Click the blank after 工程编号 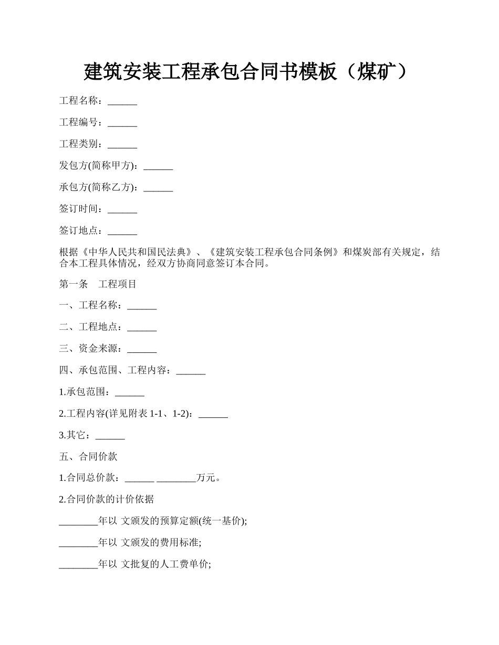[122, 123]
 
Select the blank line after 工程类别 [122, 145]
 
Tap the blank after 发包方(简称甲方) [158, 166]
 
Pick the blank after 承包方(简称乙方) [158, 188]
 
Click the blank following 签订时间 [122, 209]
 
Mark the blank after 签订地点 [122, 231]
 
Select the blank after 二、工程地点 [142, 327]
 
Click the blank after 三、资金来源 [142, 349]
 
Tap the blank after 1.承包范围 [129, 392]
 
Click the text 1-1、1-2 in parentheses [170, 414]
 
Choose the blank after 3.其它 [110, 435]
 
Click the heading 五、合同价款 [88, 457]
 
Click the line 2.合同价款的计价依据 [106, 499]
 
